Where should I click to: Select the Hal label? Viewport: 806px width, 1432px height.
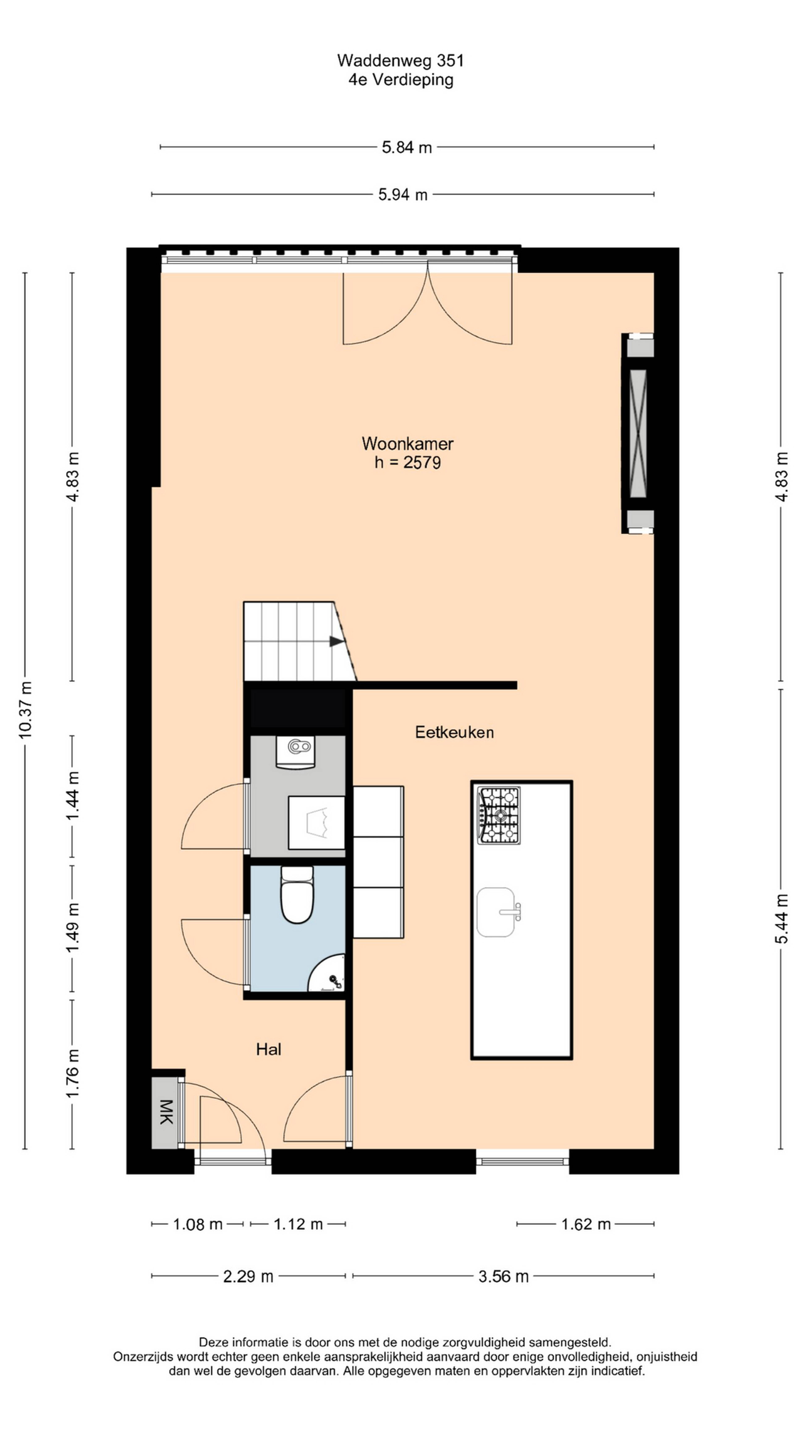269,1049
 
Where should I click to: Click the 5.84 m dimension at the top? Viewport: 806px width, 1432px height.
407,147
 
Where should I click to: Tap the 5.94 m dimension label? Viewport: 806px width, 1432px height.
403,194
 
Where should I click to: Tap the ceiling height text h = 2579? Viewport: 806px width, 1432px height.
408,462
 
